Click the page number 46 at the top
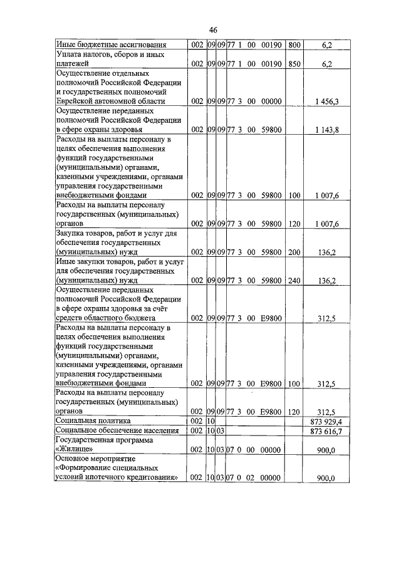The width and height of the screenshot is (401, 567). pyautogui.click(x=212, y=29)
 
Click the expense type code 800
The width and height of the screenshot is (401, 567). pyautogui.click(x=294, y=45)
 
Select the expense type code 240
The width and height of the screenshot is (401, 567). pyautogui.click(x=294, y=280)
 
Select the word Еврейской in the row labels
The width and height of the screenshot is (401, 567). pyautogui.click(x=75, y=101)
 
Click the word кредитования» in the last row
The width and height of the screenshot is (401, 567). pyautogui.click(x=155, y=477)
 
